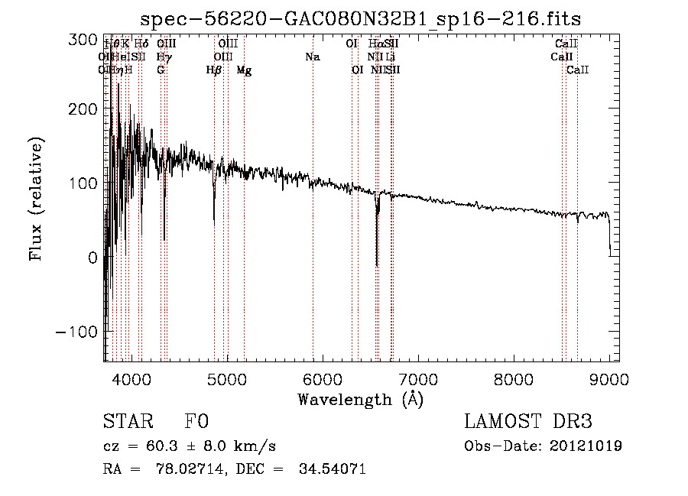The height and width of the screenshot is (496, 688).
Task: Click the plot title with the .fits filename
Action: click(366, 19)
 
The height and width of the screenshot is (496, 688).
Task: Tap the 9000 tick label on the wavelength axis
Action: click(608, 378)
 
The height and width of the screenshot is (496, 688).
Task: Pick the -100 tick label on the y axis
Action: click(78, 332)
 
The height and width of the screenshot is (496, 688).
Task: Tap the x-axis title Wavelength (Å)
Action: click(360, 400)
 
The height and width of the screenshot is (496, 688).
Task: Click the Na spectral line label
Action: click(312, 57)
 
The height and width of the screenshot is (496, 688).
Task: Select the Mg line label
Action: click(244, 70)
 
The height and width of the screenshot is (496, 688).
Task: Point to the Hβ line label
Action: click(214, 70)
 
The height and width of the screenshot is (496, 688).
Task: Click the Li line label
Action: click(391, 57)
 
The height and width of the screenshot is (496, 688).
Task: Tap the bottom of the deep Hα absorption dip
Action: click(377, 265)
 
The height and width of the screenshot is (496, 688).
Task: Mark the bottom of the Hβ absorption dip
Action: click(214, 222)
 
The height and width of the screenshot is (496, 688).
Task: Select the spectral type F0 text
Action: click(196, 423)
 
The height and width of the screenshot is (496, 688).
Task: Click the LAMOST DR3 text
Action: click(528, 423)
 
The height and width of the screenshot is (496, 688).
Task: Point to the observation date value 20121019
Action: click(587, 446)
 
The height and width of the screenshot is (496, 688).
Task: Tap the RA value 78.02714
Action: click(194, 469)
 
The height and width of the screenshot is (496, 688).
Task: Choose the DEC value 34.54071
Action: click(334, 469)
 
